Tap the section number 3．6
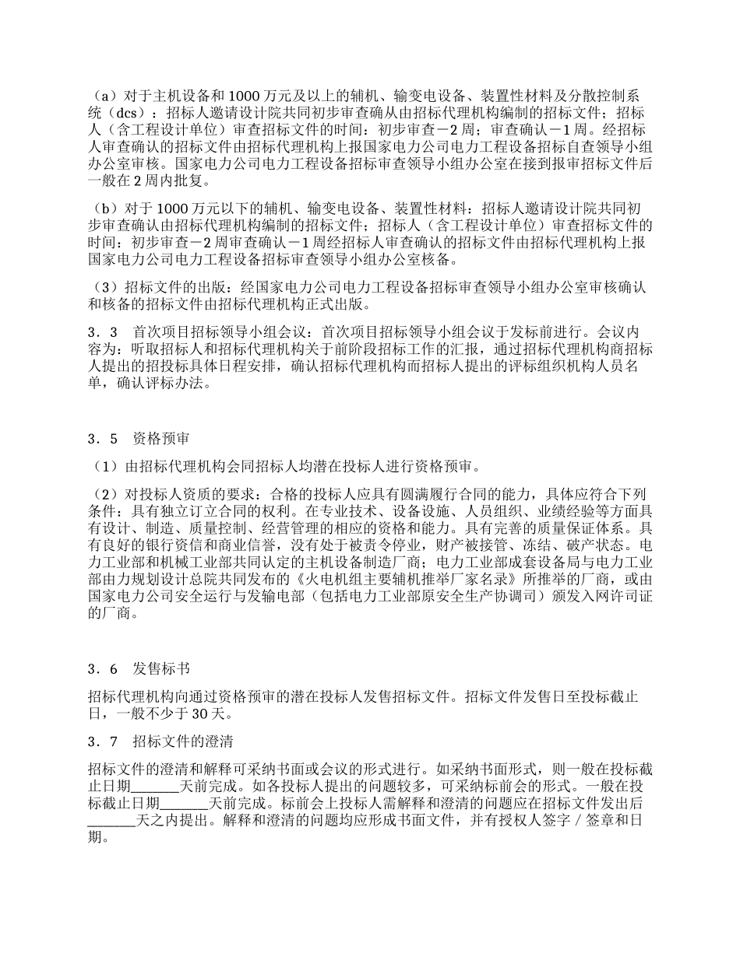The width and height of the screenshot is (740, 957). pyautogui.click(x=103, y=669)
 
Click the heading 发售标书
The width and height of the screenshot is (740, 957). pyautogui.click(x=160, y=669)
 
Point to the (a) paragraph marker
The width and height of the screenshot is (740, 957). pyautogui.click(x=100, y=96)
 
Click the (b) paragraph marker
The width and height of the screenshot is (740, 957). pyautogui.click(x=100, y=209)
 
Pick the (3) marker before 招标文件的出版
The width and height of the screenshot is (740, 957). pyautogui.click(x=100, y=287)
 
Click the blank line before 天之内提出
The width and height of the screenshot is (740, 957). pyautogui.click(x=111, y=821)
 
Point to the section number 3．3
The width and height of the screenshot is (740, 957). pyautogui.click(x=103, y=332)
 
